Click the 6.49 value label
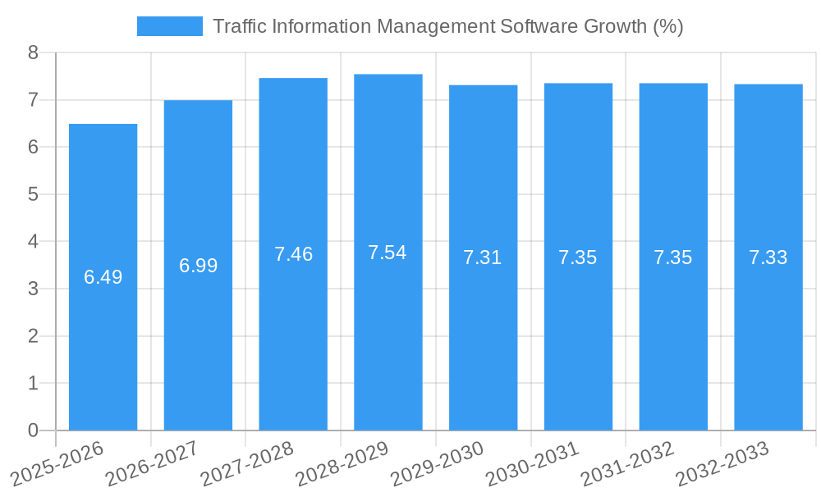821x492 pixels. [103, 277]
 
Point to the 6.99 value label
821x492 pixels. [198, 266]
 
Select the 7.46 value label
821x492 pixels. [293, 254]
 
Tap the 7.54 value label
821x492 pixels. [388, 253]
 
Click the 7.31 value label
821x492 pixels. [483, 257]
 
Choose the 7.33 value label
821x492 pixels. [768, 257]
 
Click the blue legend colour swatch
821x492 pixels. [169, 26]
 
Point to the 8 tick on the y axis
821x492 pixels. [33, 52]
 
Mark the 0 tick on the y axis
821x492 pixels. [33, 430]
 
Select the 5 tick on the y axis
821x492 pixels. [33, 194]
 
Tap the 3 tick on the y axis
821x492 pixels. [33, 289]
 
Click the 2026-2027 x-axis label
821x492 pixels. [153, 462]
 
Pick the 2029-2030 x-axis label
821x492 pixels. [438, 462]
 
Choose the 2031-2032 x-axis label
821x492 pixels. [628, 462]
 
